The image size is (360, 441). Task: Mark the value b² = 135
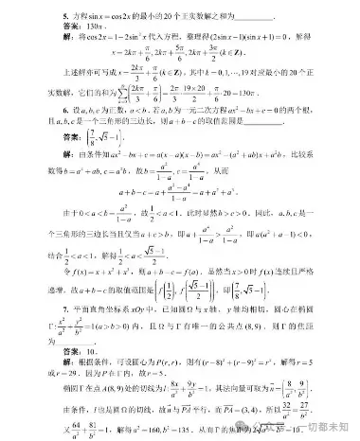pyautogui.click(x=232, y=430)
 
